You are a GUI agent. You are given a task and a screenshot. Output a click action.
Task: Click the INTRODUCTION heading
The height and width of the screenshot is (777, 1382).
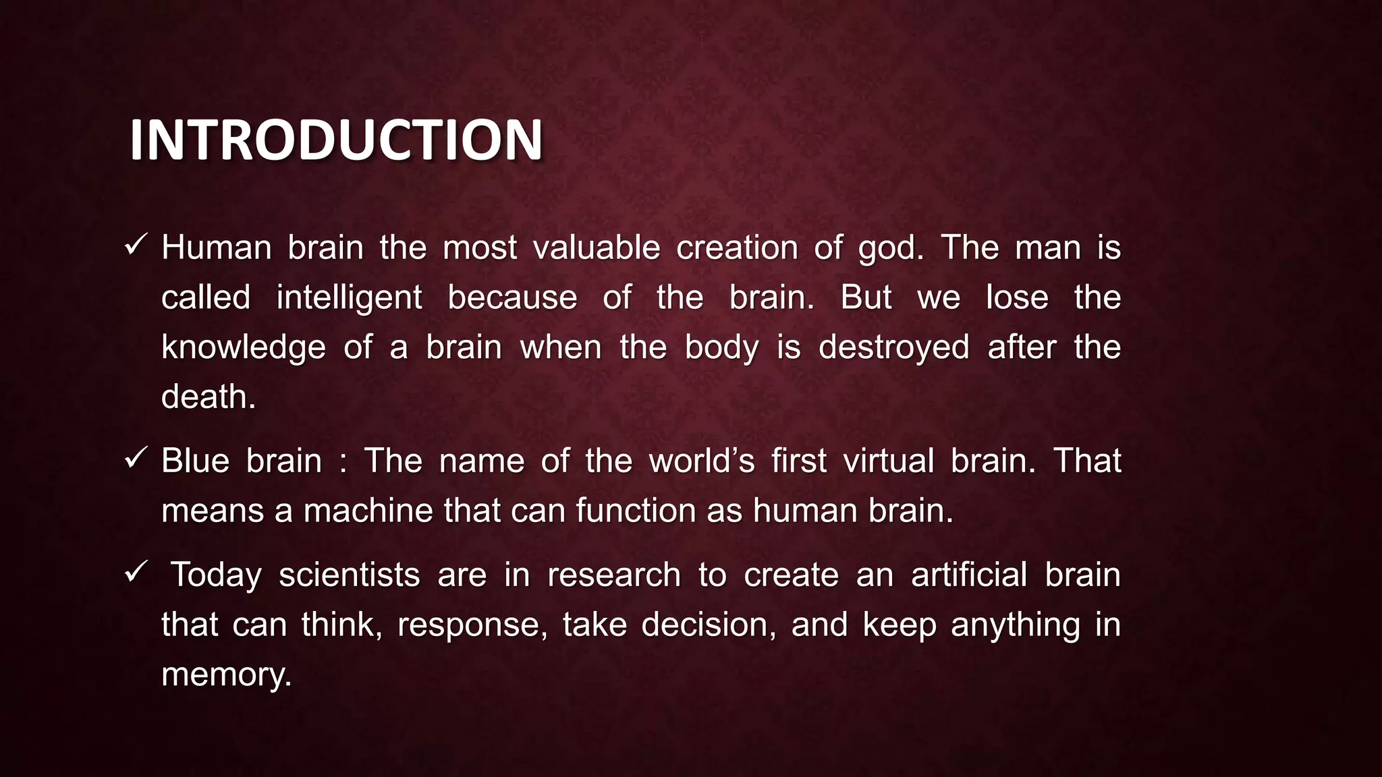tap(335, 140)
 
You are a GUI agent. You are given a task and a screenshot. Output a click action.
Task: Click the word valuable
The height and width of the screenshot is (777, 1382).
tap(597, 248)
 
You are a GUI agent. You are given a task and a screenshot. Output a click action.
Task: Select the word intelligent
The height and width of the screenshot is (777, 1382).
tap(349, 298)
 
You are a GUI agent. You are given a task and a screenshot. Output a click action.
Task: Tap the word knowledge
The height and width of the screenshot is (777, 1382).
tap(244, 348)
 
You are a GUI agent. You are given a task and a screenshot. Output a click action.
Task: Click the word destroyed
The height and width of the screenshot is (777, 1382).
tap(893, 348)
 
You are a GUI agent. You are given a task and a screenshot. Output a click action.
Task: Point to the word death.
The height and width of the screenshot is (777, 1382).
tap(209, 397)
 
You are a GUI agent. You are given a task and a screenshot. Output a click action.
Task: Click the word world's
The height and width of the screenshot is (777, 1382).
tap(701, 461)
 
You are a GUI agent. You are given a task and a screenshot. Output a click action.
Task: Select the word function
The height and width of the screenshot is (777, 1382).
tap(636, 511)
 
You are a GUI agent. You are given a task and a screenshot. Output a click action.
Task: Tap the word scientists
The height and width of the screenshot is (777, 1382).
tap(350, 575)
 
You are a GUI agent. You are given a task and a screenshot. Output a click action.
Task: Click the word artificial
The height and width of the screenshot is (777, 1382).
tap(969, 575)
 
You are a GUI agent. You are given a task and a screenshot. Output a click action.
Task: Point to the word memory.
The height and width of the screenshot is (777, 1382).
tap(226, 674)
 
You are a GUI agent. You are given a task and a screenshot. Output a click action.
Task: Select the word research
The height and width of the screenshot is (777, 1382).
tap(614, 575)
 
